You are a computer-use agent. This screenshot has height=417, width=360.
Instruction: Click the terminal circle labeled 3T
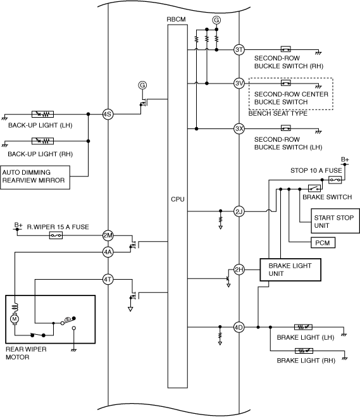click(x=239, y=50)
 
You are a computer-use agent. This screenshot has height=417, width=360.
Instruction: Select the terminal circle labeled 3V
click(x=239, y=84)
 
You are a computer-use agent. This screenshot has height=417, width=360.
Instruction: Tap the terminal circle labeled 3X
click(x=239, y=128)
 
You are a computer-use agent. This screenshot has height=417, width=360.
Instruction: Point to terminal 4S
click(x=108, y=115)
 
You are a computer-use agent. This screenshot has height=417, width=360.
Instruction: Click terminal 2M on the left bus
click(x=108, y=235)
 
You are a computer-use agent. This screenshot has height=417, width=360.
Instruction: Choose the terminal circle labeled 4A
click(x=108, y=252)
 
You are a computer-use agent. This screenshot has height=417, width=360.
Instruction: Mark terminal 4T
click(x=108, y=279)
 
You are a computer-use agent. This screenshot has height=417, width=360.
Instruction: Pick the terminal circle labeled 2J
click(x=239, y=212)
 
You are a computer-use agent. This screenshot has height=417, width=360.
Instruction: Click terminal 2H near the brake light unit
click(x=239, y=270)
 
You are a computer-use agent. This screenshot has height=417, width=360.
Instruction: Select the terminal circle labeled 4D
click(x=239, y=327)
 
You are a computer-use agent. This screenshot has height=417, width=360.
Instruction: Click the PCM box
click(x=323, y=242)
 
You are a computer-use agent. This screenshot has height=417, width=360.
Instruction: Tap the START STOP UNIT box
click(x=335, y=221)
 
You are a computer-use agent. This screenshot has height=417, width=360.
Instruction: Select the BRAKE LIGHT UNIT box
click(x=290, y=270)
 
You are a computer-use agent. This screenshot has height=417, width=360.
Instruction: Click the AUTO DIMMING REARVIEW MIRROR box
click(x=35, y=178)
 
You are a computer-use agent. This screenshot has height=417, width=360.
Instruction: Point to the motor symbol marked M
click(x=15, y=319)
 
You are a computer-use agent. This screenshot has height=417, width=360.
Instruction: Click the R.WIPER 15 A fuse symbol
click(x=56, y=235)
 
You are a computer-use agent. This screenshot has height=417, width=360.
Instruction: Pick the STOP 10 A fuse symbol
click(x=335, y=180)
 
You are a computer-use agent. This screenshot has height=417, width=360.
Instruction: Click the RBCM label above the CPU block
click(x=176, y=20)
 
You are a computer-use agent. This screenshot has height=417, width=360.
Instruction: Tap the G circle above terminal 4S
click(x=142, y=85)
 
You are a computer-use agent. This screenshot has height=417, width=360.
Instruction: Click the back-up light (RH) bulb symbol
click(x=42, y=141)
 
